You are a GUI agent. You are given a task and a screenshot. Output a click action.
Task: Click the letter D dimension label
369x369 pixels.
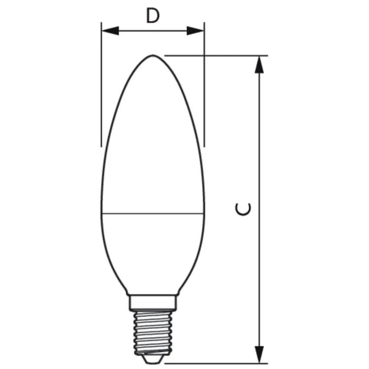tap(152, 16)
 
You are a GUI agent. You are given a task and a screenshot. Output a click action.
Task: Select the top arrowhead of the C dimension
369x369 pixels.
tap(259, 65)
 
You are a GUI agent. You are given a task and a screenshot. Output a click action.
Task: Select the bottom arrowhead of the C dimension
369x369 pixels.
tap(259, 354)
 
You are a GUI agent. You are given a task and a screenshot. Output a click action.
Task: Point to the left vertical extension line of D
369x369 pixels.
tap(101, 87)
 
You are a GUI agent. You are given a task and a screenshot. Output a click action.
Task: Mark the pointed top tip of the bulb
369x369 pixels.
tap(153, 56)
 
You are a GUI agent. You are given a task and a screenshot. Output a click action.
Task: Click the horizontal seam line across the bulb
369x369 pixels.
tap(153, 214)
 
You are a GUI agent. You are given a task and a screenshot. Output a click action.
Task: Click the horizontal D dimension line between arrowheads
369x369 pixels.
tap(153, 31)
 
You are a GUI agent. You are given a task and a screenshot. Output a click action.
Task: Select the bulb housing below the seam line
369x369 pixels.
tap(153, 252)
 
